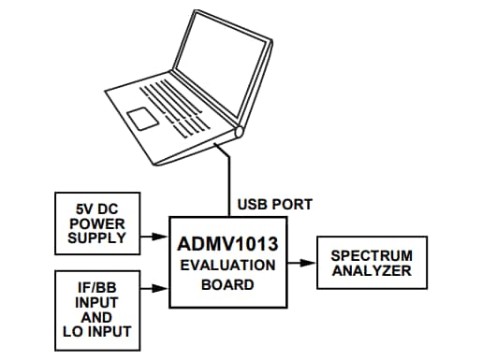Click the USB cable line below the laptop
227,178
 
